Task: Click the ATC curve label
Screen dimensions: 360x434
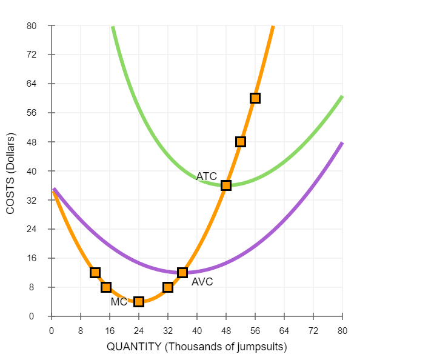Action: click(x=206, y=176)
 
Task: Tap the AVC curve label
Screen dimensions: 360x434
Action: click(x=202, y=282)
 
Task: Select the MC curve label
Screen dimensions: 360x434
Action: click(x=119, y=302)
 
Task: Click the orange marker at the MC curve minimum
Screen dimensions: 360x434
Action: click(x=139, y=302)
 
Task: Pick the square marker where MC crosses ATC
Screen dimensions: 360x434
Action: click(x=226, y=185)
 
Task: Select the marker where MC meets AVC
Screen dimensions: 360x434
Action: click(x=182, y=273)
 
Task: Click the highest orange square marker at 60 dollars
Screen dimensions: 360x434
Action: click(x=255, y=98)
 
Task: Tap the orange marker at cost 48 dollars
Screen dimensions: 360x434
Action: click(x=241, y=142)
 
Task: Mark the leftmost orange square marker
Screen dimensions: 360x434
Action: click(x=95, y=273)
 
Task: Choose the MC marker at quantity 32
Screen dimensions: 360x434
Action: click(x=168, y=287)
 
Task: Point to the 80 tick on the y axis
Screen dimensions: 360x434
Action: click(x=32, y=26)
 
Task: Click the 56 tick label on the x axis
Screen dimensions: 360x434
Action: click(x=255, y=332)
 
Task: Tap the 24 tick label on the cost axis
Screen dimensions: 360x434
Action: click(x=32, y=230)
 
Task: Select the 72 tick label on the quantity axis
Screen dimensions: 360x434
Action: click(x=313, y=332)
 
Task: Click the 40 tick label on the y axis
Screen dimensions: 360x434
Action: click(x=32, y=172)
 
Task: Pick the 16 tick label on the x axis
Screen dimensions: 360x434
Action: click(x=110, y=332)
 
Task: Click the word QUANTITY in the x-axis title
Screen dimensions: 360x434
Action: click(x=132, y=347)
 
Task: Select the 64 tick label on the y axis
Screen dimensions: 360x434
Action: click(x=32, y=84)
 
